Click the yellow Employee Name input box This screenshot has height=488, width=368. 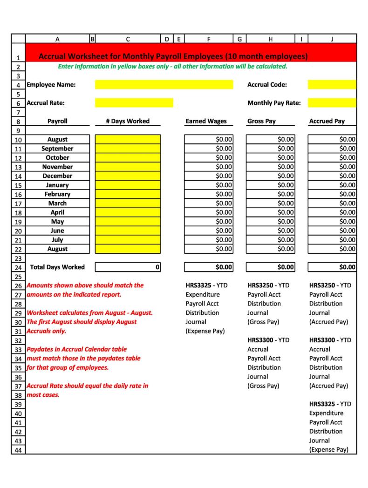(164, 85)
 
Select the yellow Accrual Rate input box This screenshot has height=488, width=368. (134, 103)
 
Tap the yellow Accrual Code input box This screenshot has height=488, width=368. (332, 85)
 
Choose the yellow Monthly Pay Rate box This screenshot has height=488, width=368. (332, 103)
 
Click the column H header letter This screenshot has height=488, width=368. (270, 39)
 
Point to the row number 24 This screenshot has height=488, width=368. (18, 268)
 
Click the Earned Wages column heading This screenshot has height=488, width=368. (206, 121)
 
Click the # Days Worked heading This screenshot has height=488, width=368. (128, 121)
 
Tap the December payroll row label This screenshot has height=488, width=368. (57, 176)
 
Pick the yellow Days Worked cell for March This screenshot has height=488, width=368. (128, 203)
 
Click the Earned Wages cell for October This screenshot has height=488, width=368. (209, 158)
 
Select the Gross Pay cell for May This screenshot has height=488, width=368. (270, 222)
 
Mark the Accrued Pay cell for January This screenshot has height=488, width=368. (332, 185)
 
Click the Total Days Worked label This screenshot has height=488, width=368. (57, 267)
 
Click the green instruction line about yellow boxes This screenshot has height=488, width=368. (172, 67)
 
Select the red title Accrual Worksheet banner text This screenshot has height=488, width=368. (173, 57)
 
